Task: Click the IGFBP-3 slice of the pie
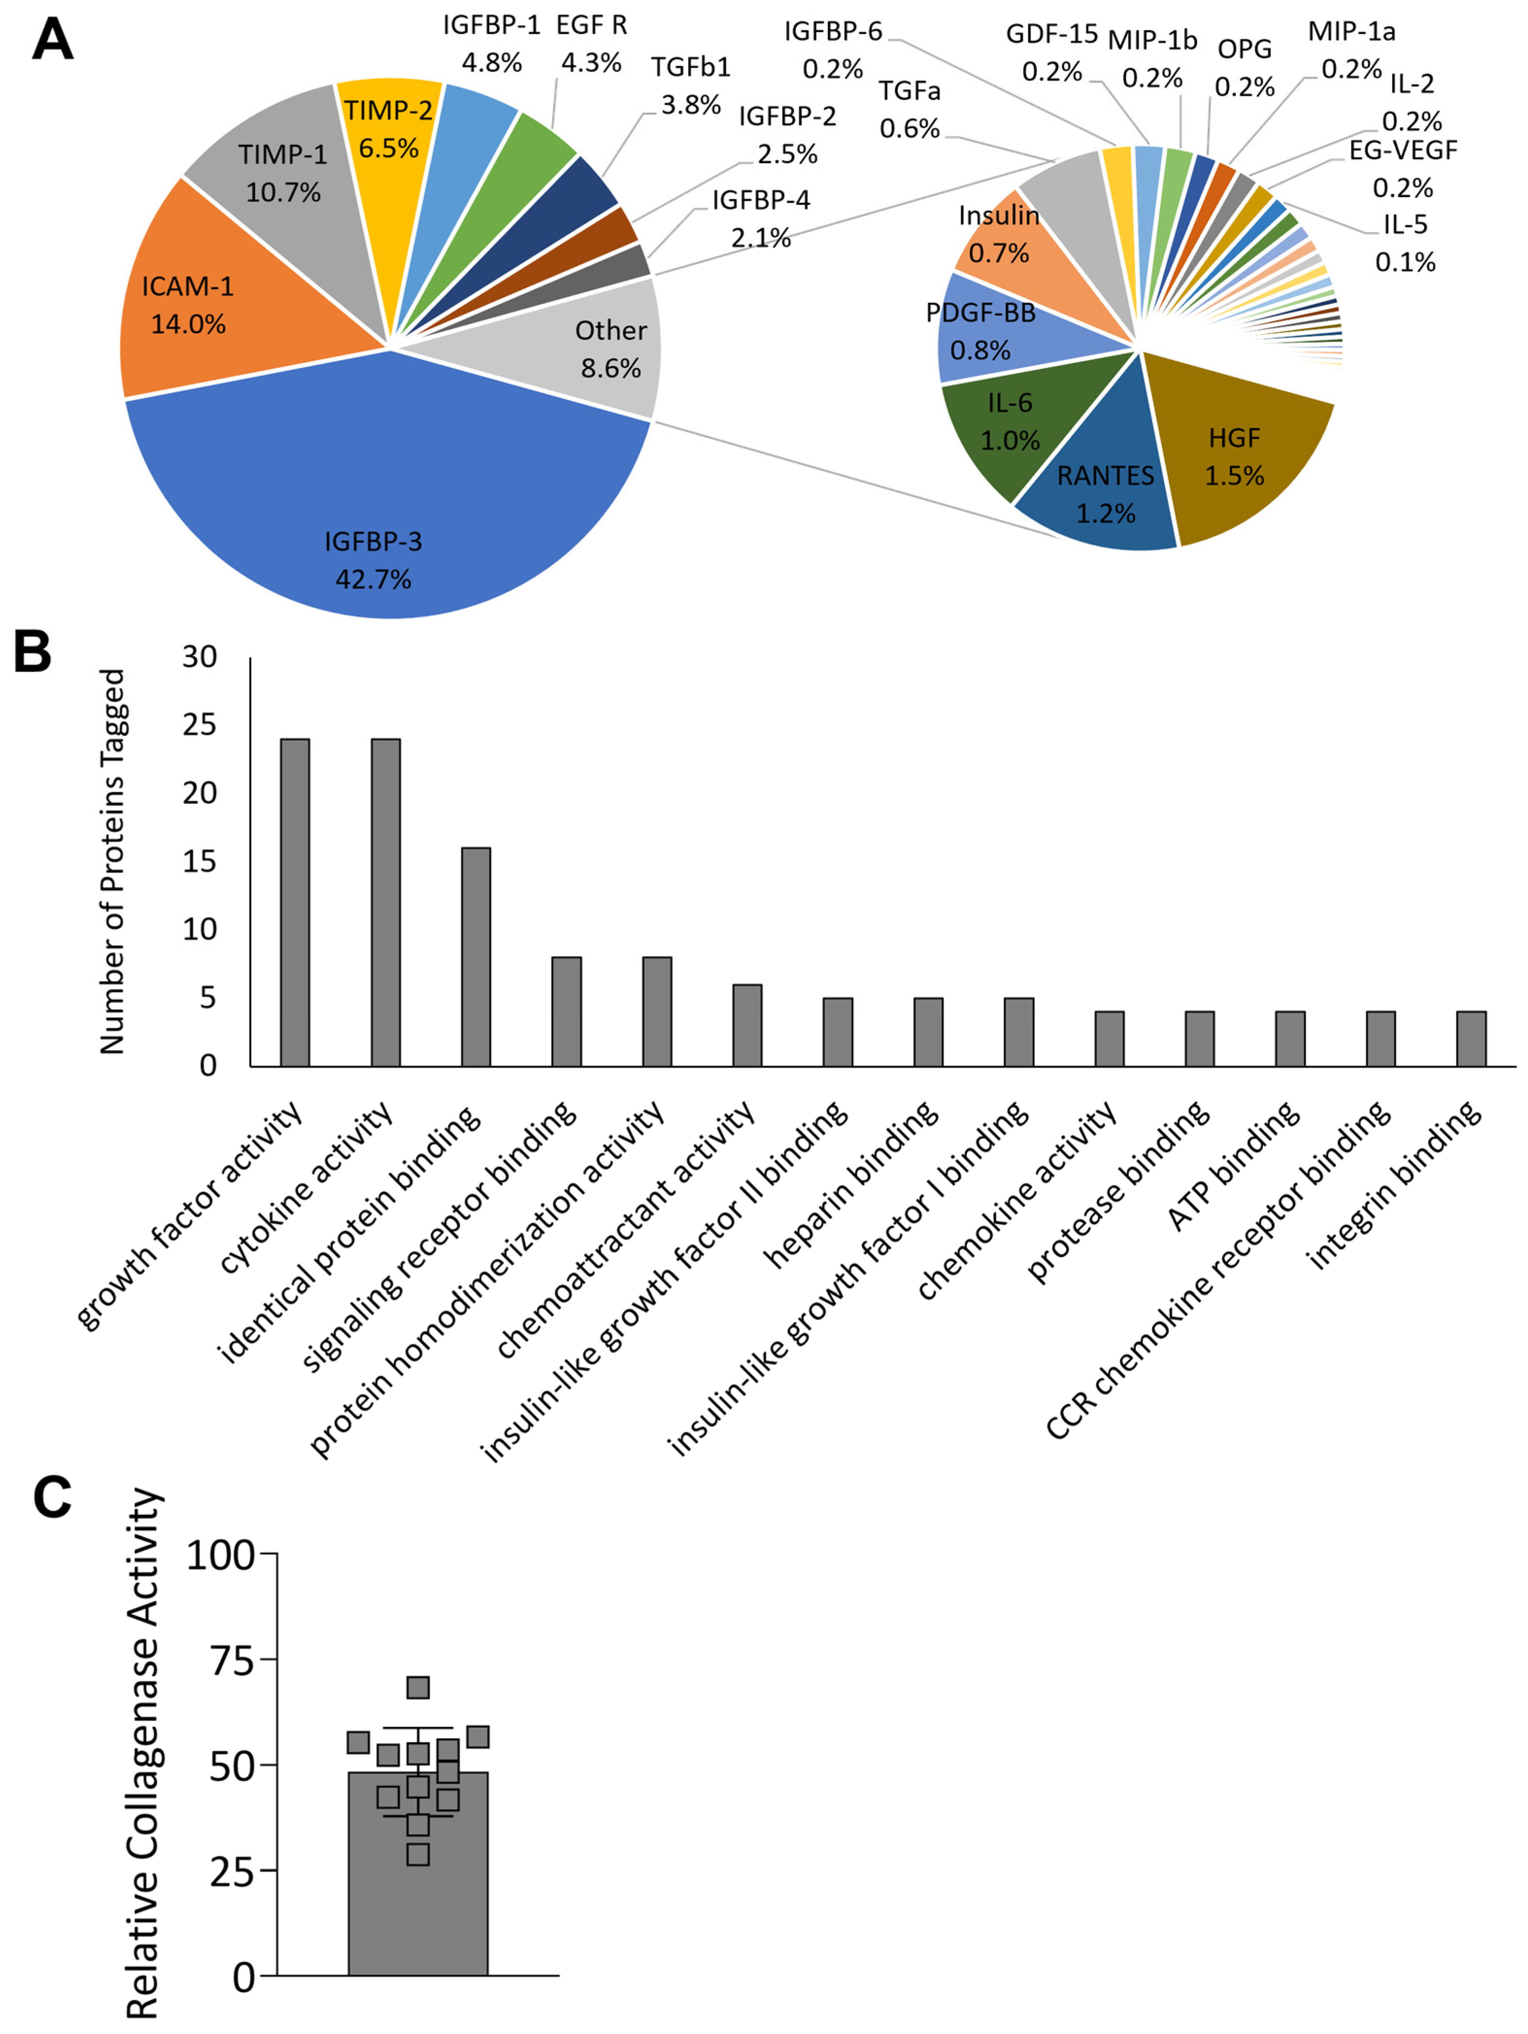click(372, 515)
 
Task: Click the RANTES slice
click(1103, 497)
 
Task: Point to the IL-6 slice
click(1007, 423)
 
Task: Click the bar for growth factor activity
click(294, 901)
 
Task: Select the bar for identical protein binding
click(475, 956)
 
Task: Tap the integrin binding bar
click(1471, 1038)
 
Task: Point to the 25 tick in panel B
click(199, 726)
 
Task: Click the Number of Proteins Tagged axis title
click(112, 862)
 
